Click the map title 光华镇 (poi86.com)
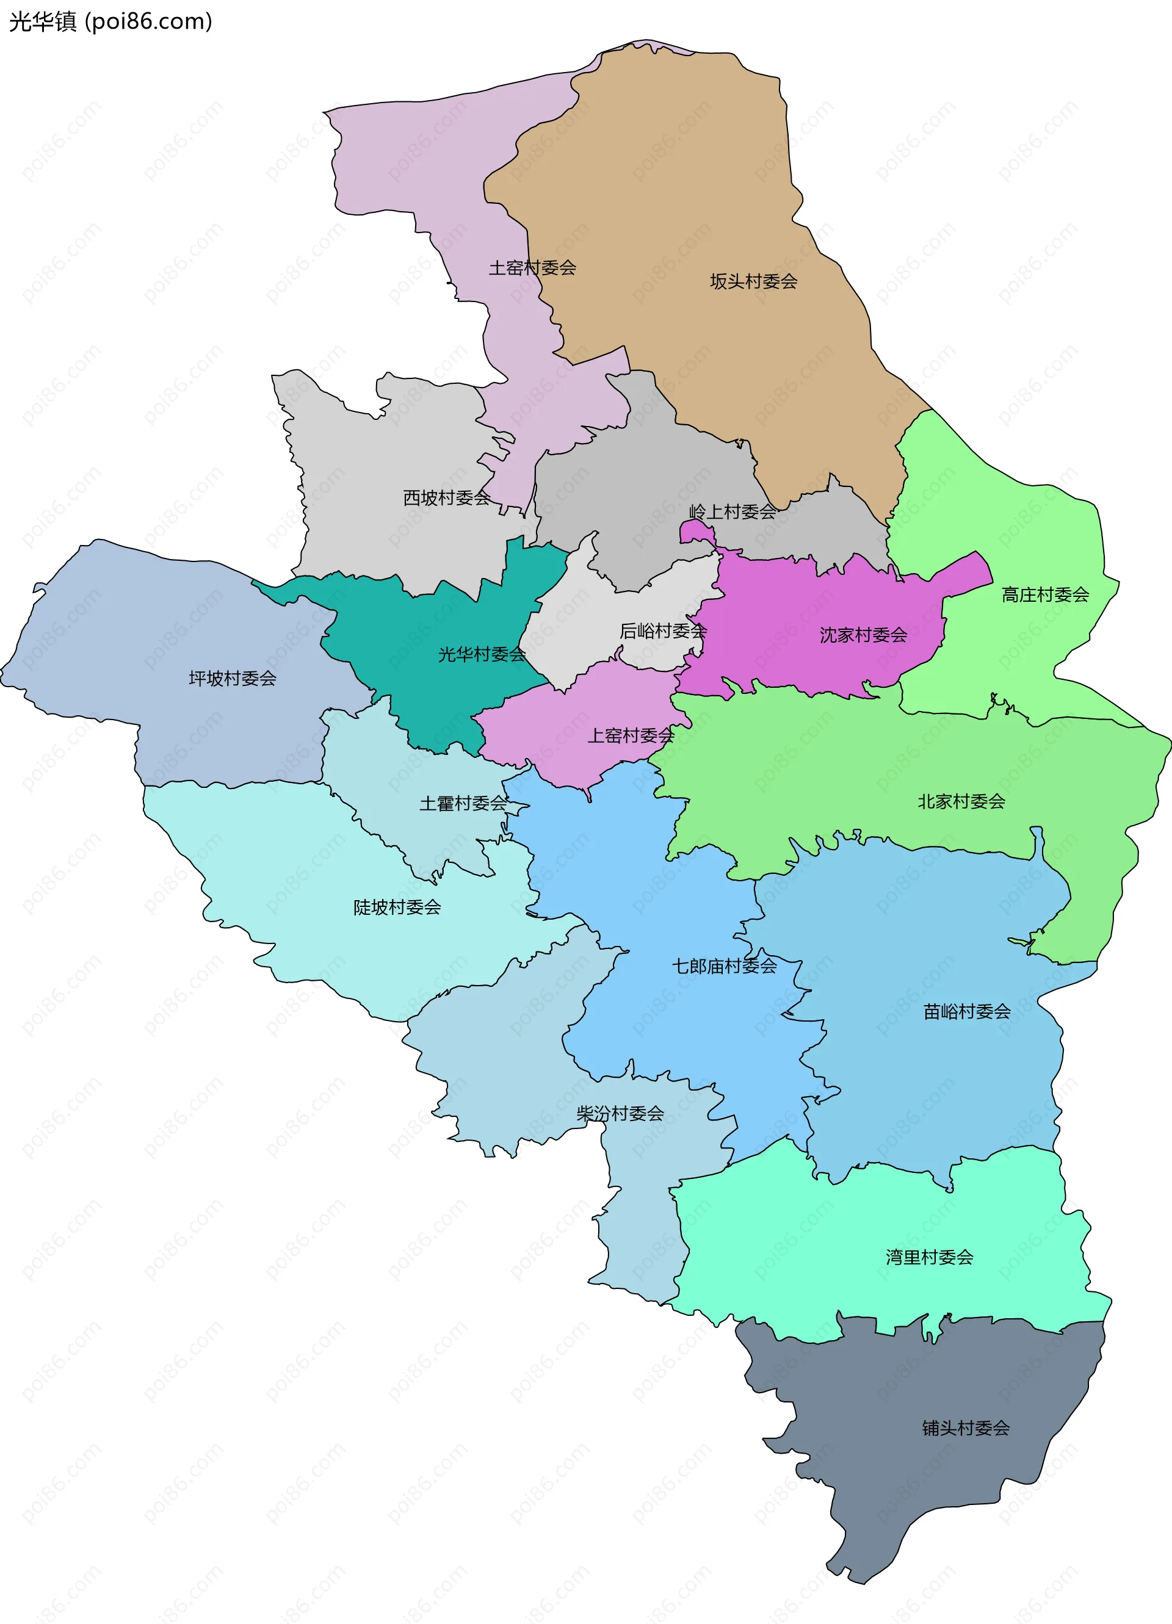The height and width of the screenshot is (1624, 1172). click(110, 21)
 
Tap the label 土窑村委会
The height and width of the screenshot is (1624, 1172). click(532, 268)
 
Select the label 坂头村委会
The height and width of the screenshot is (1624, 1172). click(754, 281)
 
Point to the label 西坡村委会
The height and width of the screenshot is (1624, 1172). click(446, 497)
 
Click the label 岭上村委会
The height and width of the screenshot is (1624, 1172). click(732, 512)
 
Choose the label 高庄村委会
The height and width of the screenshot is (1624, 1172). click(1045, 594)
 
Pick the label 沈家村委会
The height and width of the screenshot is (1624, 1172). click(863, 635)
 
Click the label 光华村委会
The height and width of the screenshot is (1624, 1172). click(482, 654)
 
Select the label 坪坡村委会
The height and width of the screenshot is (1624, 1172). click(232, 678)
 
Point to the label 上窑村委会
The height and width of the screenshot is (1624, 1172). click(631, 735)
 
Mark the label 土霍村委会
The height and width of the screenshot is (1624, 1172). click(463, 803)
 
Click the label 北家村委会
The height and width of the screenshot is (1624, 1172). click(961, 801)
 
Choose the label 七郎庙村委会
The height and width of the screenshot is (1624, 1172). click(723, 966)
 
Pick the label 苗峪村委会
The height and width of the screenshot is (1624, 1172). click(966, 1011)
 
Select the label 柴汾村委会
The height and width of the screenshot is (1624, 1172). click(620, 1113)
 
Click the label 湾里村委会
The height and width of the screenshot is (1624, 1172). click(929, 1257)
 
